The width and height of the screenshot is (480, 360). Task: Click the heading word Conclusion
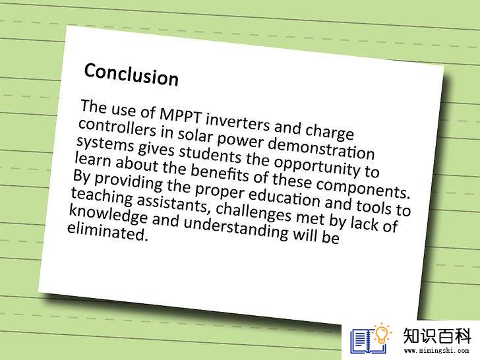[x=131, y=75]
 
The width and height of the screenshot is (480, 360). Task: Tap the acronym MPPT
[x=181, y=116]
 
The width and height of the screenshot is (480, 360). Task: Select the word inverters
[x=237, y=123]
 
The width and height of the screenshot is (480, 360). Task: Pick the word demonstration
[x=321, y=148]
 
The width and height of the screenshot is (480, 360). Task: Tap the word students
[x=210, y=154]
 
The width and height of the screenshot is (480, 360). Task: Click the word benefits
[x=220, y=173]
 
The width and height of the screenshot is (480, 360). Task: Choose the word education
[x=284, y=198]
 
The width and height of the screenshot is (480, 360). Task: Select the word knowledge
[x=107, y=214]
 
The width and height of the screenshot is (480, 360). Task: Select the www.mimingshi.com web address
[x=436, y=350]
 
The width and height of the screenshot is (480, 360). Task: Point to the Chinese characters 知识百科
[x=436, y=336]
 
